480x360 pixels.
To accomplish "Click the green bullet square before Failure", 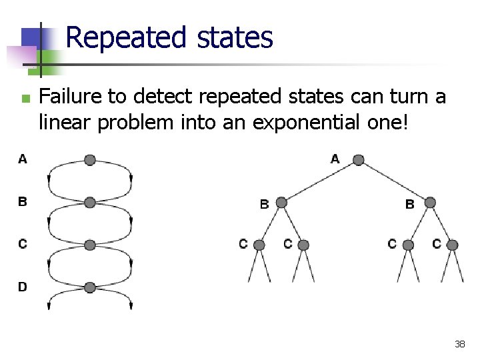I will click(x=25, y=99).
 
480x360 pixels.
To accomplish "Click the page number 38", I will click(x=459, y=344).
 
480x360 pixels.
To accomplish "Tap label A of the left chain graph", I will click(x=23, y=159).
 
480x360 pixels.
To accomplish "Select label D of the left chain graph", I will click(x=23, y=287).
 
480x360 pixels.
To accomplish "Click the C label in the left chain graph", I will click(x=23, y=244).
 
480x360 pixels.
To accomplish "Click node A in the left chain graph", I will click(x=90, y=160).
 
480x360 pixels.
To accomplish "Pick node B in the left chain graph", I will click(x=90, y=202).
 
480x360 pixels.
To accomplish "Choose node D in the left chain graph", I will click(x=90, y=287).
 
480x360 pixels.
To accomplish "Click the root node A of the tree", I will click(x=358, y=160).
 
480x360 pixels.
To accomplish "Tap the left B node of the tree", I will click(x=281, y=203).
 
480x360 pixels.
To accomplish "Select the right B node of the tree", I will click(x=430, y=203).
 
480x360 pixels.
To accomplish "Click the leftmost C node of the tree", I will click(x=259, y=245).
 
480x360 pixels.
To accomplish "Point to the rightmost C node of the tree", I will click(x=453, y=245).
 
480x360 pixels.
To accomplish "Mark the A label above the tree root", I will click(x=335, y=159).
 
